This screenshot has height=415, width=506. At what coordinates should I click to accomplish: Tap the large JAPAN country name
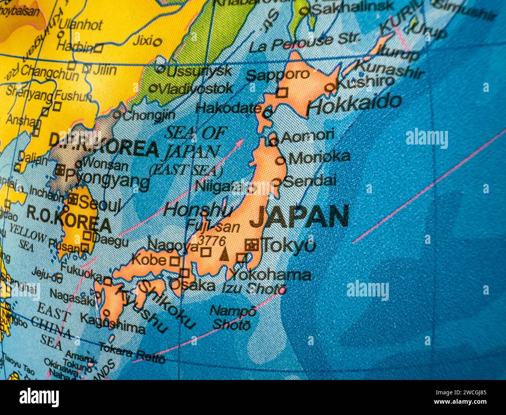point(299,217)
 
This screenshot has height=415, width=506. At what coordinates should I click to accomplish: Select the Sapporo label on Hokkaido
point(278,74)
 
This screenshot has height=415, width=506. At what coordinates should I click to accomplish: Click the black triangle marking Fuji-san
point(224,255)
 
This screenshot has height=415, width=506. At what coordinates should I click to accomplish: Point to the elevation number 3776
point(211,241)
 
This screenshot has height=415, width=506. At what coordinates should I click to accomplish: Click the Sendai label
point(310,181)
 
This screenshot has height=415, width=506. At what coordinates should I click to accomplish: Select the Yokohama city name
point(271,275)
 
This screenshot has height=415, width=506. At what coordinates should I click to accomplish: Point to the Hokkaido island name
point(354,103)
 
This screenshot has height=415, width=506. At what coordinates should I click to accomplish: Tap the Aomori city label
point(307,136)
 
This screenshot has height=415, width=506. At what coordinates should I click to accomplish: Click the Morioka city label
point(319,157)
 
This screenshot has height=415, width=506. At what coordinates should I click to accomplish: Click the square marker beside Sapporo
point(281,93)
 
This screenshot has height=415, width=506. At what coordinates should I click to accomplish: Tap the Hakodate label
point(228,108)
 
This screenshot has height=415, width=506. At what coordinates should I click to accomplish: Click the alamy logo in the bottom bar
point(39,397)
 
